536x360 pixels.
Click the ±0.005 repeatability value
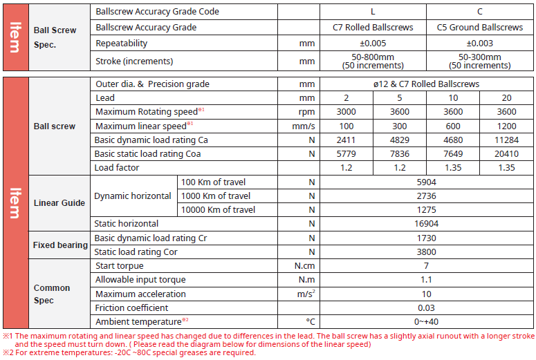point(373,43)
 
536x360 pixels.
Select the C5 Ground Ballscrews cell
point(480,28)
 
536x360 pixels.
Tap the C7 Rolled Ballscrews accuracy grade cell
point(373,28)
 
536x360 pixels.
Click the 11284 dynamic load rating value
point(506,140)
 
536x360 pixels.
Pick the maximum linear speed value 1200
point(506,126)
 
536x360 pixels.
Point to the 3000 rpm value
point(346,112)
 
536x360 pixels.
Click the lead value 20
point(506,98)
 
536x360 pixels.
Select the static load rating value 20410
point(506,153)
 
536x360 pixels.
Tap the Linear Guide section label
point(59,202)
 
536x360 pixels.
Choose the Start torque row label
point(120,266)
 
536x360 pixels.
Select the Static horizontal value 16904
point(426,224)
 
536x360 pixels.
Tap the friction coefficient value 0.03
point(426,307)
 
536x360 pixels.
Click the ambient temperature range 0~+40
point(426,321)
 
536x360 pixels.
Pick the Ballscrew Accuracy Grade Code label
point(157,12)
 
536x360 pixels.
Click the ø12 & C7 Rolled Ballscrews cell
point(426,84)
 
